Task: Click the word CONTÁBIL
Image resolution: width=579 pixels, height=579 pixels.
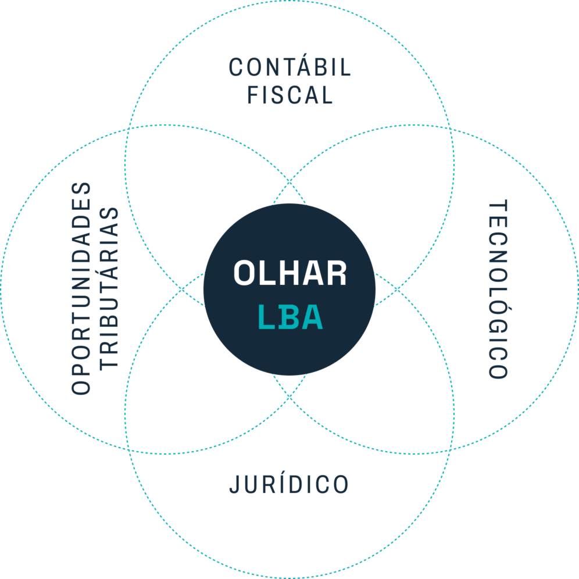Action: point(289,68)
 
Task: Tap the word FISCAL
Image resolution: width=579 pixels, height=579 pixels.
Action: point(289,95)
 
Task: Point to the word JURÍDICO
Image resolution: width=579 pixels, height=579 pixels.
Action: point(289,484)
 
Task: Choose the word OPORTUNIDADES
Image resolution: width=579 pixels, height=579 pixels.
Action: point(81,289)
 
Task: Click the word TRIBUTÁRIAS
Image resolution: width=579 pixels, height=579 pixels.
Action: point(109,289)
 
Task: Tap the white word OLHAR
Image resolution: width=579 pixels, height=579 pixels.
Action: point(289,273)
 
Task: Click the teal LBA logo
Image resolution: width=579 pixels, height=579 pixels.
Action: point(289,318)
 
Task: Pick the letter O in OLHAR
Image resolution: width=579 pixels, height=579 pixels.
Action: point(244,273)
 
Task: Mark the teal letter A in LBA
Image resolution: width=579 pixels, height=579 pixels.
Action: point(312,318)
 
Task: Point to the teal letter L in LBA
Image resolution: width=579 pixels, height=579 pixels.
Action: point(265,318)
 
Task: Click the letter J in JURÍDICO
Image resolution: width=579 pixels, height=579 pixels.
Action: point(234,484)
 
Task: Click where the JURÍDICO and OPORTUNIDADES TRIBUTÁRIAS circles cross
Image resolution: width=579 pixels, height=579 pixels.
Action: point(128,451)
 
